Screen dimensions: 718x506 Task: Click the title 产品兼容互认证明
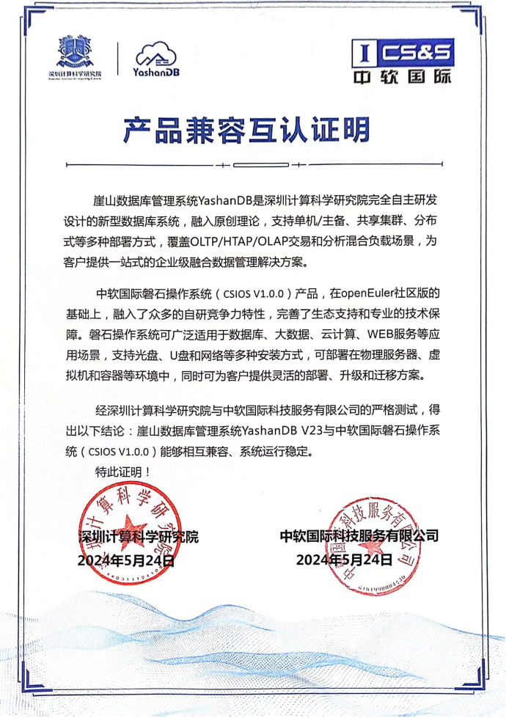point(246,130)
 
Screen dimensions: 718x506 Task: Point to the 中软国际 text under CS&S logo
point(403,76)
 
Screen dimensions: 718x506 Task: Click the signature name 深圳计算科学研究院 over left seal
point(139,536)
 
